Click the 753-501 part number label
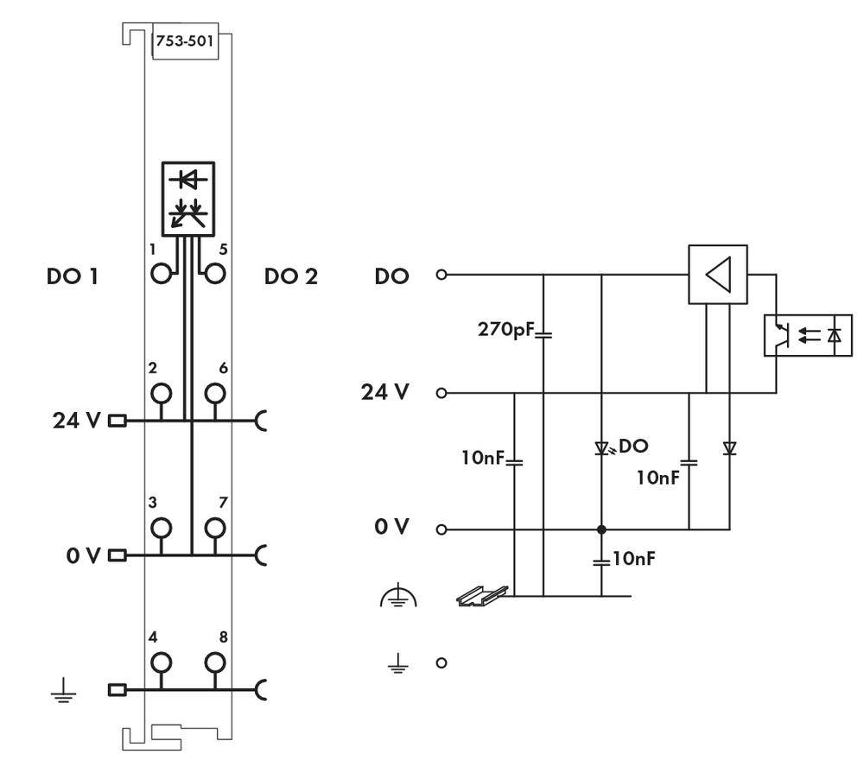(x=183, y=41)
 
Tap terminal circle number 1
(x=161, y=275)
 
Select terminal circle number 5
(x=214, y=275)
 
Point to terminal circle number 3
(x=161, y=527)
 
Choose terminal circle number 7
(x=214, y=527)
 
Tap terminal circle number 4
(x=161, y=663)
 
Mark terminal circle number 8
(x=214, y=663)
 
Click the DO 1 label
(x=72, y=277)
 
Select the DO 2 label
(x=291, y=277)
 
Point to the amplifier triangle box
(x=717, y=275)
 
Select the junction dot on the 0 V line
(x=601, y=529)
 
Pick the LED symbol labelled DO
(x=602, y=448)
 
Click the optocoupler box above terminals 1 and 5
(x=188, y=197)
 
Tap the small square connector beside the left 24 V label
(x=117, y=421)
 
